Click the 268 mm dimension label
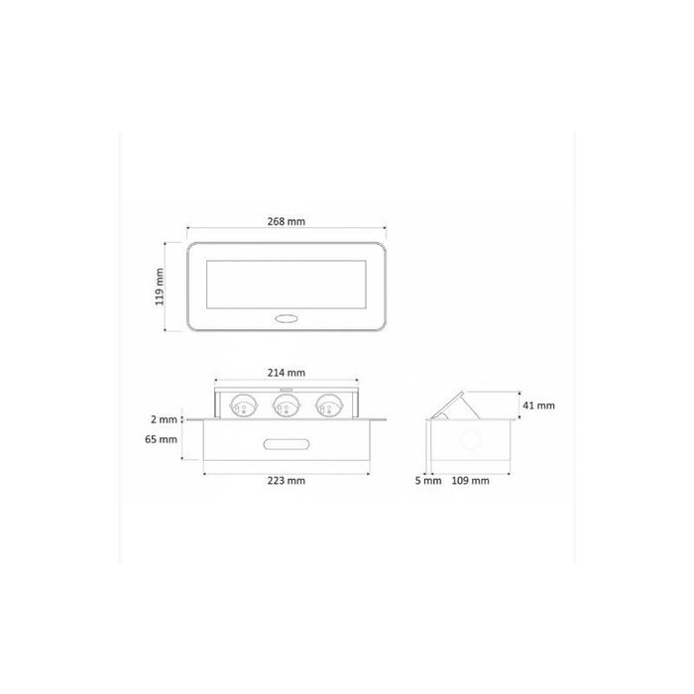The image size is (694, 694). point(286,221)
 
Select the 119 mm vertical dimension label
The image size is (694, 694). point(160,287)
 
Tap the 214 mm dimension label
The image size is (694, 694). point(286,373)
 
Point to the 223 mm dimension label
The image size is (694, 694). point(286,480)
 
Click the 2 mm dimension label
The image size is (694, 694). point(164,419)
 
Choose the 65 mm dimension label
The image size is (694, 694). point(161,439)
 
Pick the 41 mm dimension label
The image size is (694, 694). point(538,405)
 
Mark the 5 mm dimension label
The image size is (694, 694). point(428,480)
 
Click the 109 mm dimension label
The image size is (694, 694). point(470,480)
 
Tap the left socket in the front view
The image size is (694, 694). point(243,405)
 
